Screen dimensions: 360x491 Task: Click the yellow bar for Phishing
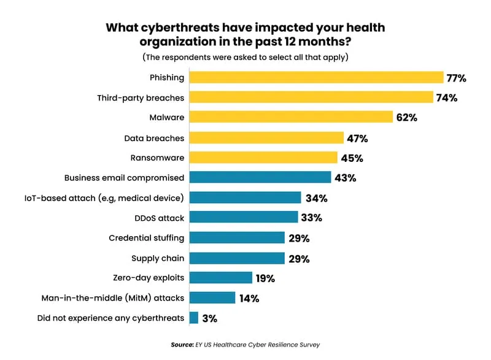tap(316, 77)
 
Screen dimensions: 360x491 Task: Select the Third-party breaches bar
tap(311, 98)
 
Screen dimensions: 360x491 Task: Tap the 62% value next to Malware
tap(406, 118)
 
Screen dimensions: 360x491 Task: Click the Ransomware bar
tap(263, 158)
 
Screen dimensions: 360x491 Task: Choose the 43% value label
tap(345, 178)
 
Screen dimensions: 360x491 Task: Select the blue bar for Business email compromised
tap(260, 178)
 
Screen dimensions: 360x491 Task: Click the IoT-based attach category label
tap(125, 197)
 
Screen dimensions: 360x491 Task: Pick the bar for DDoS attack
tap(244, 217)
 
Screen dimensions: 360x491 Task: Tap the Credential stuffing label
tap(146, 237)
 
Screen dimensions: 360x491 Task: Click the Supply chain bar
tap(237, 258)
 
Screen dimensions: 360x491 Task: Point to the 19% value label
tap(265, 278)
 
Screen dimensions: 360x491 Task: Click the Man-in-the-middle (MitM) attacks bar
tap(212, 298)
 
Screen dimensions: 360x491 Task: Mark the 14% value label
tap(249, 299)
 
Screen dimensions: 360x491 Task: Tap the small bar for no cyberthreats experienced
tap(194, 318)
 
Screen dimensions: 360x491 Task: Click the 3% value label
tap(210, 318)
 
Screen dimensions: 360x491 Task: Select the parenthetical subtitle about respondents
tap(245, 58)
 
